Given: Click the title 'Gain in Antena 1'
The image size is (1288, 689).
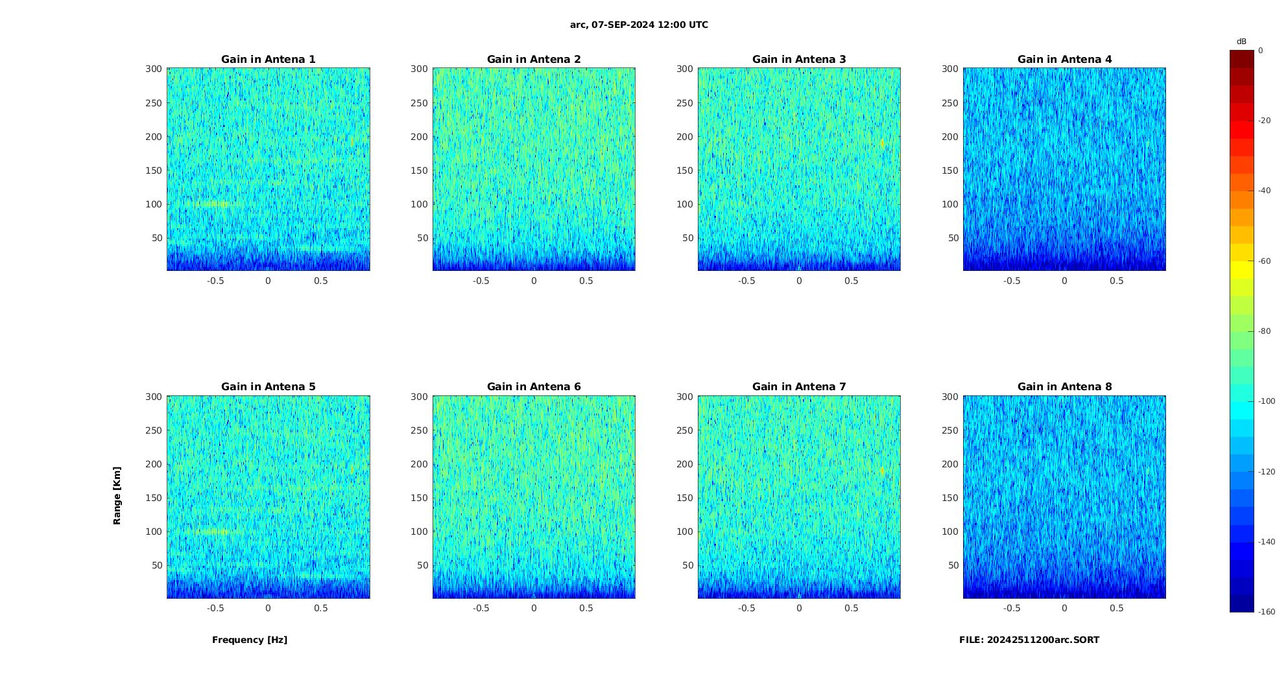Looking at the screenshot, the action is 268,60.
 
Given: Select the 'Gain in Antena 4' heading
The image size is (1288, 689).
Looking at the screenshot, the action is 1064,60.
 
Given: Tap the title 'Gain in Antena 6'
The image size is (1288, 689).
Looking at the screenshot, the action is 534,387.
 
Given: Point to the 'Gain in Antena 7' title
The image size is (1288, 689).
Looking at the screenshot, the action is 799,387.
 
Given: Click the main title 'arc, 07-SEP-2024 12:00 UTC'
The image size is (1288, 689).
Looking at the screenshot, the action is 639,25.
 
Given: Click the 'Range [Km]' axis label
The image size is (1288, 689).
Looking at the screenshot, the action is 117,495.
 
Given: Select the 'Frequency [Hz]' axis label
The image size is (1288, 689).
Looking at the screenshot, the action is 250,640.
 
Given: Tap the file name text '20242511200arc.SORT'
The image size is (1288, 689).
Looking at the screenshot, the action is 1043,640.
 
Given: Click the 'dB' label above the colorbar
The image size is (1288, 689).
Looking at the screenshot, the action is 1241,41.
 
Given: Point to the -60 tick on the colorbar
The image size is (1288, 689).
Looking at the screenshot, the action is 1265,261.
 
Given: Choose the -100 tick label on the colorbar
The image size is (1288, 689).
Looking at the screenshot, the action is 1267,401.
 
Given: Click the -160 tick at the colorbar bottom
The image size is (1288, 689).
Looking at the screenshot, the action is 1267,612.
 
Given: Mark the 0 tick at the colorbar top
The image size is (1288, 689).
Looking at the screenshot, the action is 1261,51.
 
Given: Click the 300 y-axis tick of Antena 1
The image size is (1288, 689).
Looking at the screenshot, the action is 153,69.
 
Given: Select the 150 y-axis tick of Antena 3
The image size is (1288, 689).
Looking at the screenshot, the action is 685,170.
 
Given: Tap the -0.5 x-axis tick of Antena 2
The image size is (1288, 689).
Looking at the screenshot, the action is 481,281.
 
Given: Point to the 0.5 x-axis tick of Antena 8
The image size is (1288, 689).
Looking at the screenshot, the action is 1117,608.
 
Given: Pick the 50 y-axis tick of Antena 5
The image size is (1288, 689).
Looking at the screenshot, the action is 156,565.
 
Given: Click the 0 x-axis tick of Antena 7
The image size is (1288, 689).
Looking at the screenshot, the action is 799,608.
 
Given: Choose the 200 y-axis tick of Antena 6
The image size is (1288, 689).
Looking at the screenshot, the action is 419,464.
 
